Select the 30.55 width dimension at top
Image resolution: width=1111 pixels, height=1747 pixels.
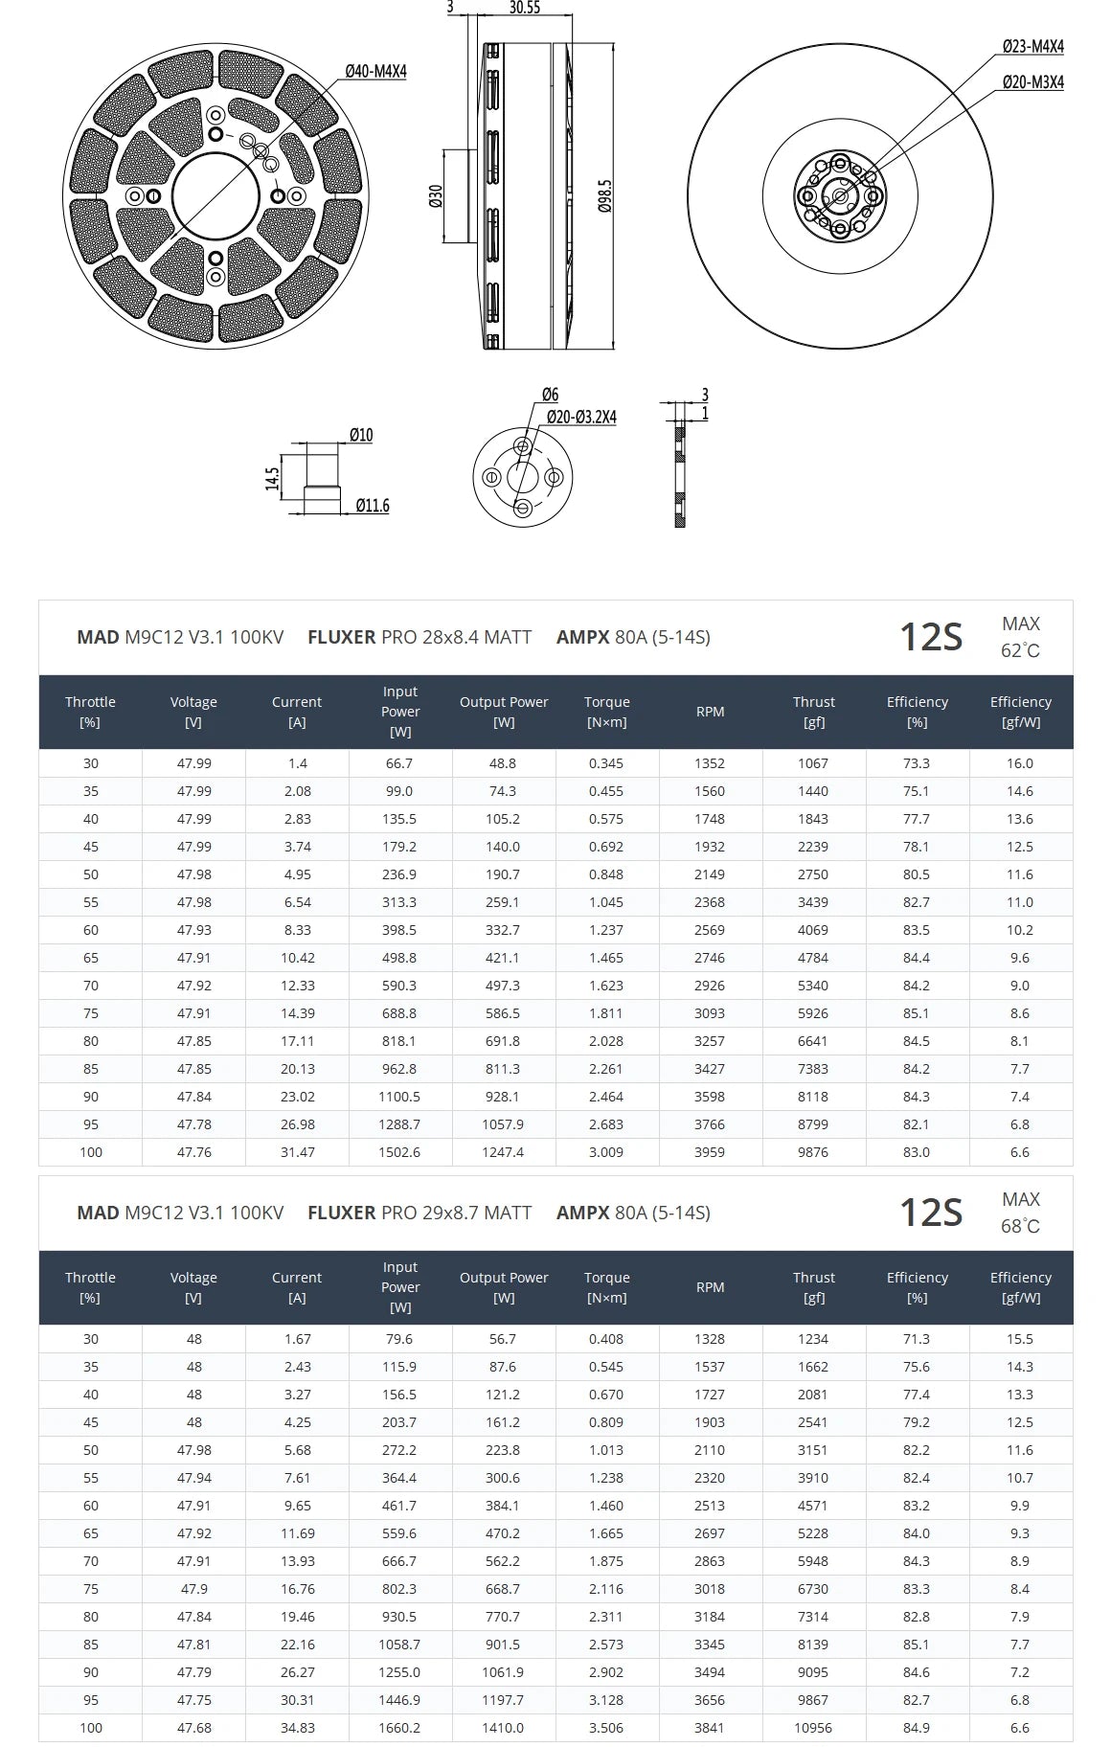coord(524,8)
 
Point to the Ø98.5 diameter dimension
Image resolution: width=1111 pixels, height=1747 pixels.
coord(604,195)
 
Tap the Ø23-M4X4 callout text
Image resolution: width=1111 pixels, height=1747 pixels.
coord(1032,46)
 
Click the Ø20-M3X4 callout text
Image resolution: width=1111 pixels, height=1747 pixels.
coord(1032,82)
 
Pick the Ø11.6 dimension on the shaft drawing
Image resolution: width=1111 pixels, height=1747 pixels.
coord(372,506)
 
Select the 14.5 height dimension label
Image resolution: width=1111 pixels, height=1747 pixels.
coord(273,478)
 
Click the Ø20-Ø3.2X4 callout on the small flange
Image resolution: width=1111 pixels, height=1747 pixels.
coord(580,417)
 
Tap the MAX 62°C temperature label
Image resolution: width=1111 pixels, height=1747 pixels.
coord(1020,637)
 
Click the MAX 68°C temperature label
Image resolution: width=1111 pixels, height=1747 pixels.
coord(1020,1213)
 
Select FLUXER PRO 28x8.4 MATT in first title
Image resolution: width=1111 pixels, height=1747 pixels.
coord(419,637)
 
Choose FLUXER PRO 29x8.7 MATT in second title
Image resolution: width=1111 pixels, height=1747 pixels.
coord(419,1213)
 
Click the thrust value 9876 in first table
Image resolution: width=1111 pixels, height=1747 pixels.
coord(813,1152)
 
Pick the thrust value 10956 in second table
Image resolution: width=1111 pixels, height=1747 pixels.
coord(813,1728)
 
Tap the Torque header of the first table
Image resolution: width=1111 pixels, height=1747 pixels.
coord(606,712)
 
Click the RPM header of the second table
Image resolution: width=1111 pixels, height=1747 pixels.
coord(710,1287)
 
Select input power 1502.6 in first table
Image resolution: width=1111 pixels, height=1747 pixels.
coord(399,1152)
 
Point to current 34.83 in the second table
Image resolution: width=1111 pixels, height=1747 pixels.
coord(297,1728)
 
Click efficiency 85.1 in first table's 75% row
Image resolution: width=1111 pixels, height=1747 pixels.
coord(917,1013)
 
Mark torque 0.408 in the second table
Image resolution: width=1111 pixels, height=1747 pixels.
coord(606,1339)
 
